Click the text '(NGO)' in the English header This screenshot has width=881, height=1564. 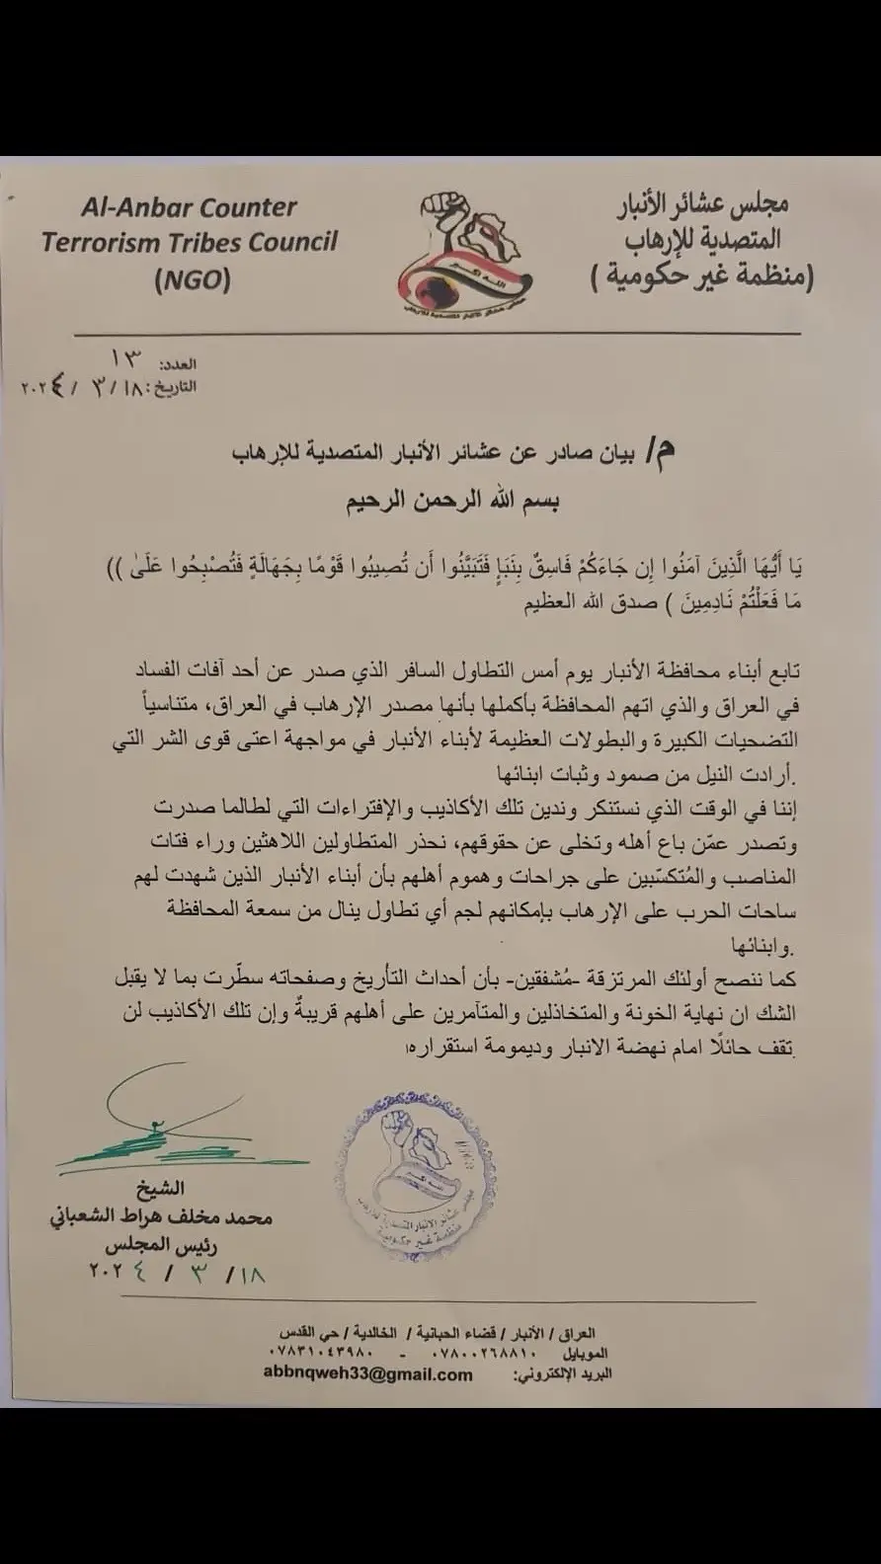coord(193,279)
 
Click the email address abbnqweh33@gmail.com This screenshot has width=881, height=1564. coord(367,1373)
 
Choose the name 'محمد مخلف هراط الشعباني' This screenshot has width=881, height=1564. coord(161,1218)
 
